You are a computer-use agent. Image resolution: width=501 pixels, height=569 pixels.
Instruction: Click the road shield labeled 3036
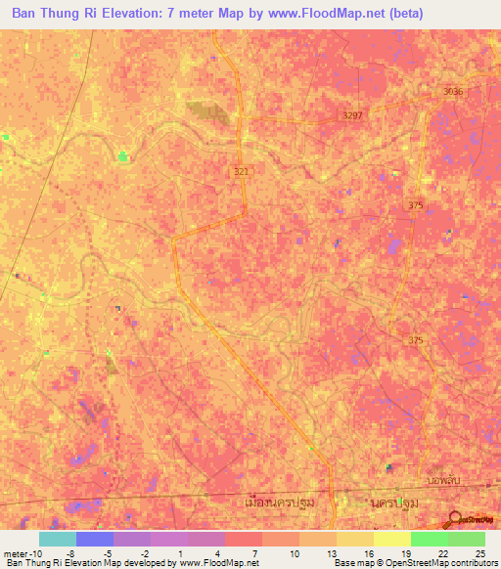click(x=452, y=91)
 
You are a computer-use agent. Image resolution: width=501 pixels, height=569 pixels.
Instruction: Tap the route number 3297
click(x=352, y=115)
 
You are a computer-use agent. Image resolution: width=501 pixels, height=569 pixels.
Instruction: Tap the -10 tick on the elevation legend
click(x=33, y=552)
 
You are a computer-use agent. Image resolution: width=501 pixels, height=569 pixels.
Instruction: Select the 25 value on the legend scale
click(x=478, y=552)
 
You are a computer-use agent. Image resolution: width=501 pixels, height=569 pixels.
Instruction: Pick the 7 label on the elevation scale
click(x=254, y=552)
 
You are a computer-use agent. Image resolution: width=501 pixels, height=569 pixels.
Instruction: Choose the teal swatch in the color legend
click(x=58, y=539)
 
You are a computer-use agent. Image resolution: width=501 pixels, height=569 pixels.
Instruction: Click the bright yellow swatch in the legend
click(x=392, y=539)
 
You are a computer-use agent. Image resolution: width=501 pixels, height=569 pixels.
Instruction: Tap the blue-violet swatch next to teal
click(x=95, y=539)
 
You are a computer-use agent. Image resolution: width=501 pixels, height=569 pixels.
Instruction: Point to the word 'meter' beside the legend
click(x=13, y=552)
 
